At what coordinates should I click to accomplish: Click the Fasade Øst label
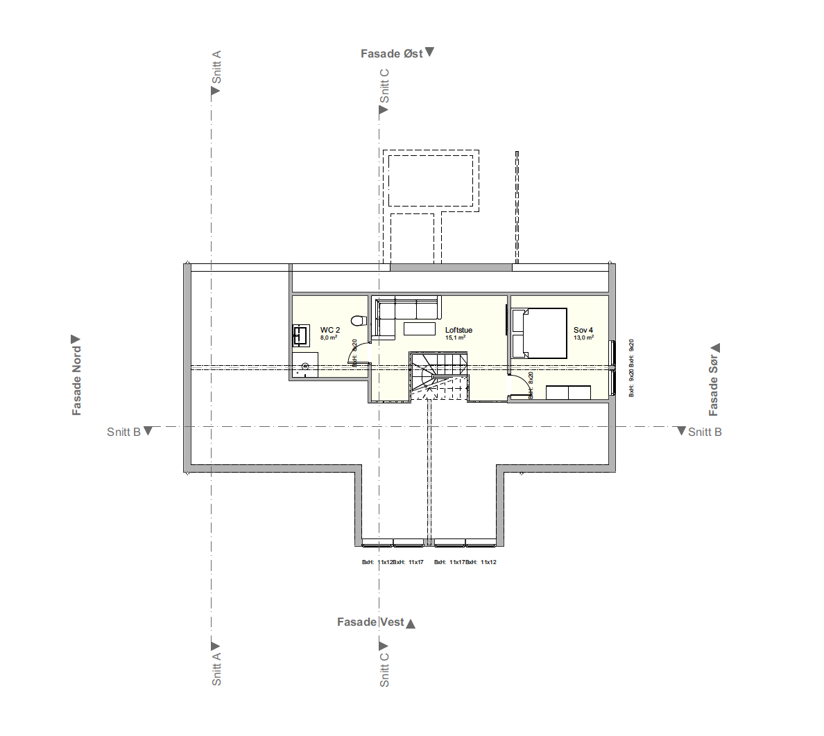[x=392, y=53]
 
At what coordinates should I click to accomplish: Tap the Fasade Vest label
[x=370, y=622]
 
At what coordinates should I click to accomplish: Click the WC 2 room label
[x=329, y=330]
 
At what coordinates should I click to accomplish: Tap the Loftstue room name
[x=458, y=330]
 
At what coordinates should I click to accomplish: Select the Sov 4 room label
[x=583, y=330]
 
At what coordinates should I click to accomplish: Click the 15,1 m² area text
[x=455, y=338]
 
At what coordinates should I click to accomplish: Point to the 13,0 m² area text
[x=583, y=338]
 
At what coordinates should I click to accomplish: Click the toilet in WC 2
[x=359, y=321]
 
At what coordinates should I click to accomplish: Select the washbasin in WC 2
[x=300, y=335]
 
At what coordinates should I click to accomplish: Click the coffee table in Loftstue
[x=420, y=328]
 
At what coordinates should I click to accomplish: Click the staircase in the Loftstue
[x=438, y=374]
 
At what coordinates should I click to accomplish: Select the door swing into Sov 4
[x=519, y=385]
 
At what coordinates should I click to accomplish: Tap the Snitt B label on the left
[x=123, y=432]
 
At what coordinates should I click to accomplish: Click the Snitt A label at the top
[x=216, y=67]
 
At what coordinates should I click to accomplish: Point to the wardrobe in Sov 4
[x=568, y=393]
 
